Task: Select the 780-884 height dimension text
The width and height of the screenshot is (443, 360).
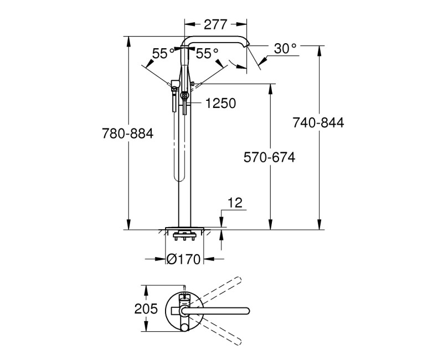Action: pyautogui.click(x=128, y=133)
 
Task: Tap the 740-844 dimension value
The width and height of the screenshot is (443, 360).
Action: pyautogui.click(x=318, y=123)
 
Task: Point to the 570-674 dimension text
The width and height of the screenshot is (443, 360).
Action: pyautogui.click(x=270, y=158)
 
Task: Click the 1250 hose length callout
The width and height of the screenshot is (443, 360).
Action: pyautogui.click(x=220, y=103)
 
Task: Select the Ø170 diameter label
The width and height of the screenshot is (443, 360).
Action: pyautogui.click(x=185, y=259)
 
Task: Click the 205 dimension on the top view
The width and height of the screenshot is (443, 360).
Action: pyautogui.click(x=146, y=308)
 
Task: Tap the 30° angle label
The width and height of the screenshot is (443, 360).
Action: pyautogui.click(x=285, y=49)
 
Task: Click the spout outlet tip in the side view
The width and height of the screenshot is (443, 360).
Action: pyautogui.click(x=249, y=45)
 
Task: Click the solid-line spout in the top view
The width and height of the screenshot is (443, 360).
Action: pyautogui.click(x=221, y=308)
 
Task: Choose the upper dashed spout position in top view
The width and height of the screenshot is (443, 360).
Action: pyautogui.click(x=219, y=290)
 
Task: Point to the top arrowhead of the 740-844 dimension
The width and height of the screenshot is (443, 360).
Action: pyautogui.click(x=319, y=49)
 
